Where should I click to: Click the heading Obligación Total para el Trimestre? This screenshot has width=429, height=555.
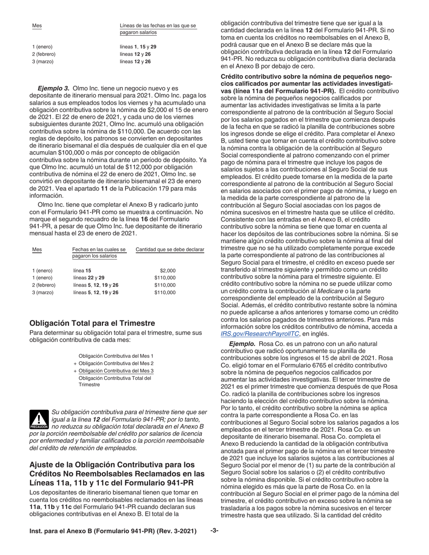click(x=92, y=323)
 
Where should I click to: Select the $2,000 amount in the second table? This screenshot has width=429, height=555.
click(x=168, y=270)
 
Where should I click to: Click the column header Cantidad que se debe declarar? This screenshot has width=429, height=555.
click(x=170, y=250)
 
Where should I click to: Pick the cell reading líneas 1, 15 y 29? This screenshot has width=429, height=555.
click(x=138, y=47)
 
